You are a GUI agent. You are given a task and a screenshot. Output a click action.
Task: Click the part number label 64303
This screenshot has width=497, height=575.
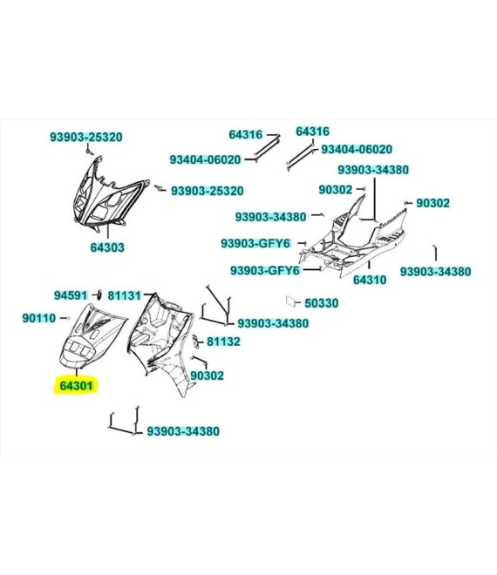pos(107,247)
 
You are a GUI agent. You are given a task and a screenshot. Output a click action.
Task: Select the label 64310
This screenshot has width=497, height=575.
pos(370,280)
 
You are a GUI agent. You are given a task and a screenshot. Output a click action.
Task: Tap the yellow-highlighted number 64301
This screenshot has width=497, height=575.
pos(77,386)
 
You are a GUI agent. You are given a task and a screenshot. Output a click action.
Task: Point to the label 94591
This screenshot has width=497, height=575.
pos(71,295)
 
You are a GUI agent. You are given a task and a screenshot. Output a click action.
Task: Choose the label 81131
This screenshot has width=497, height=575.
pos(125,295)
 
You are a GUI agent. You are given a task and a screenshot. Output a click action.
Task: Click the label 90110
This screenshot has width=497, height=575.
pos(39,318)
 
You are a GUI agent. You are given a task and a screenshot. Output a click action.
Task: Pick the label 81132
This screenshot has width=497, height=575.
pos(223,342)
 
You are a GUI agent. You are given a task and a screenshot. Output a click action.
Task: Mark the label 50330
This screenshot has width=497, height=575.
pos(322,303)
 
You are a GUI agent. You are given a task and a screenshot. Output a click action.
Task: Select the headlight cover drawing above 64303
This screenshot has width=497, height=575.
pos(109,194)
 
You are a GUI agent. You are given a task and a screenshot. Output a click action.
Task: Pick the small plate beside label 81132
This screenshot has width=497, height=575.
pos(197,342)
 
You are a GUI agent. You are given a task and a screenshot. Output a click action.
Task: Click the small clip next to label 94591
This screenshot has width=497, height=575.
pos(98,294)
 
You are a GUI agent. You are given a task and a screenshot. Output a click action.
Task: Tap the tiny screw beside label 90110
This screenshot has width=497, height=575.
pos(67,318)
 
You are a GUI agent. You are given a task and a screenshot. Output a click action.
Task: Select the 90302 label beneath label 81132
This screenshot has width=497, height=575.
pos(207,375)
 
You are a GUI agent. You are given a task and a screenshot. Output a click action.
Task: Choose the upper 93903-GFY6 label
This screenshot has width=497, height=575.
pos(255,243)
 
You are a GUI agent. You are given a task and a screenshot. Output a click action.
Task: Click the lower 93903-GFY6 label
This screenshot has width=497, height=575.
pos(265,270)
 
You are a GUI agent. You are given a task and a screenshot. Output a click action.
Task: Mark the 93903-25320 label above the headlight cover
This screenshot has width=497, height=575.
pos(86,137)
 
